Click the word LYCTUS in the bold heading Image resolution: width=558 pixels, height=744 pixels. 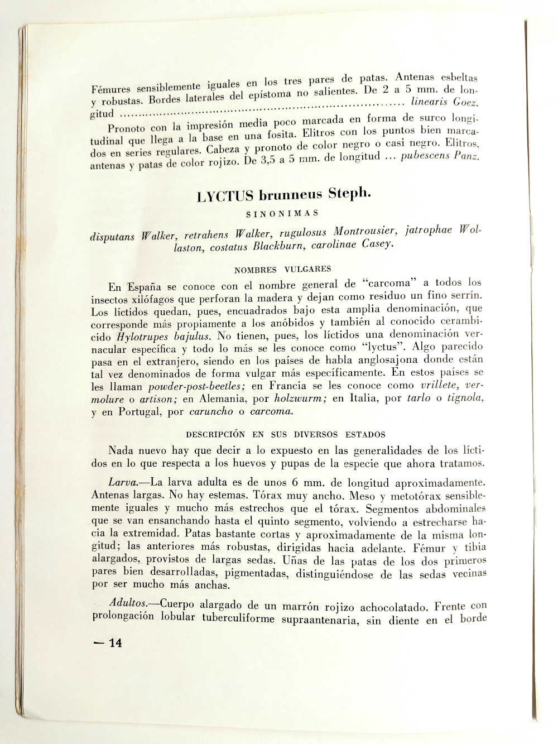point(225,196)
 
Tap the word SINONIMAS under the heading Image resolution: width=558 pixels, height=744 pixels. point(282,213)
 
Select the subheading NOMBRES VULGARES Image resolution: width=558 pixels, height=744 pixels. point(282,269)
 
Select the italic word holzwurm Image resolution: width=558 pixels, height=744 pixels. point(300,399)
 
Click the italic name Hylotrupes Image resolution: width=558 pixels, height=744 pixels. point(142,337)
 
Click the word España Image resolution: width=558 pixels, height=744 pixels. point(143,286)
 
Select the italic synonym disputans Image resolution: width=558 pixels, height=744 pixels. point(112,236)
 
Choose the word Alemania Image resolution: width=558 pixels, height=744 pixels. point(229,399)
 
